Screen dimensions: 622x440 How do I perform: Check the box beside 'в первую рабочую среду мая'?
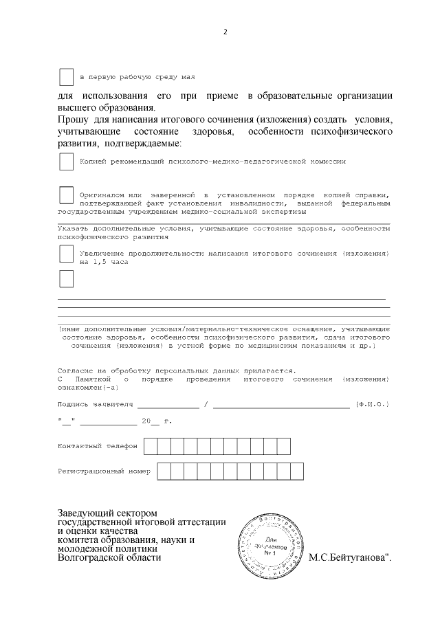[x=66, y=76]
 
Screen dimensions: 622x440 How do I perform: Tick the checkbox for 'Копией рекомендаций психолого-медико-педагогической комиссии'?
[x=66, y=162]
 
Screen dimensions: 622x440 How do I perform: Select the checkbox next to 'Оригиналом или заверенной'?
[x=66, y=195]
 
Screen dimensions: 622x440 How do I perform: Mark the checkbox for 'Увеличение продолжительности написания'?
[x=66, y=254]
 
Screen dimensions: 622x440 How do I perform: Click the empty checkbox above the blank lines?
[x=66, y=279]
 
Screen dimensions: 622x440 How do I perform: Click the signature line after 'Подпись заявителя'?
[x=168, y=406]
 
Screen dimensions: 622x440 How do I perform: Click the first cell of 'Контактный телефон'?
[x=151, y=446]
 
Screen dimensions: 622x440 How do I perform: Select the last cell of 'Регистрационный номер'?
[x=296, y=471]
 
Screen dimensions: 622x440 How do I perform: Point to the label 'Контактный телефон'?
[x=97, y=446]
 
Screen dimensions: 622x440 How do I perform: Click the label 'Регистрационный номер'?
[x=103, y=472]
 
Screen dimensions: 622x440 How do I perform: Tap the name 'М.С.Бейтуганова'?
[x=350, y=557]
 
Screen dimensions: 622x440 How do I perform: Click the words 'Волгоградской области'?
[x=109, y=558]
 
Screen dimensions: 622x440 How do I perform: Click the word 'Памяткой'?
[x=92, y=379]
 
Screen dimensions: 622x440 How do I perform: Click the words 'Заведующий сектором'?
[x=107, y=513]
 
